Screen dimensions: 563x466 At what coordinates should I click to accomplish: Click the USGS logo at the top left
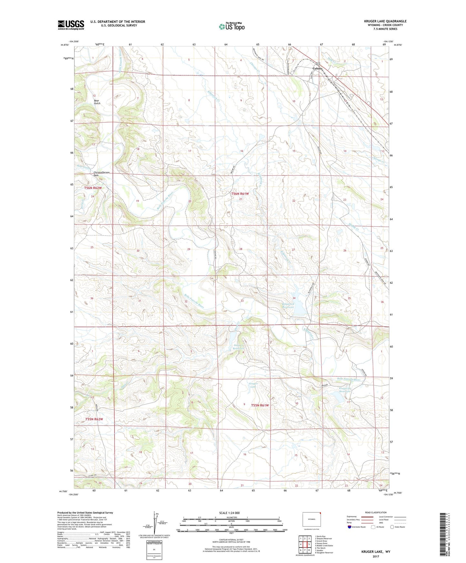click(71, 25)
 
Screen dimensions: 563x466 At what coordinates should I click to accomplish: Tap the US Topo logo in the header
click(232, 26)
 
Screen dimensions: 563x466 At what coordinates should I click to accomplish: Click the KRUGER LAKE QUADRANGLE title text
click(385, 21)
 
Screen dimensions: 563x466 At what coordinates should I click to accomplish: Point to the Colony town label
click(317, 68)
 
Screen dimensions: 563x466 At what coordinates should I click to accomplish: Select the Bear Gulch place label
click(97, 102)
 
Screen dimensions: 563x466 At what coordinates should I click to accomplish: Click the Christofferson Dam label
click(102, 174)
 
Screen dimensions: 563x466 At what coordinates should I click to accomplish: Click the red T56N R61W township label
click(240, 194)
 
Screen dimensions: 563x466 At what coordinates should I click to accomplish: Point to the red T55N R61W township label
click(260, 405)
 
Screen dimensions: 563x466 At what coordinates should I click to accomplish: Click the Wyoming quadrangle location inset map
click(312, 519)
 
